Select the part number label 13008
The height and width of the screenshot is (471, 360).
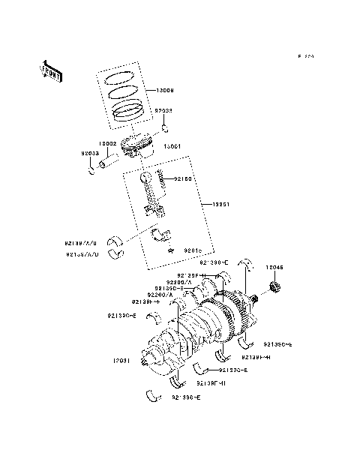coord(165,91)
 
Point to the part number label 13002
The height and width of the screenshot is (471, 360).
coord(108,142)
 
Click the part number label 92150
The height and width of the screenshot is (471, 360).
coord(184,179)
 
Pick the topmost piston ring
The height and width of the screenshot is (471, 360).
coord(118,77)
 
